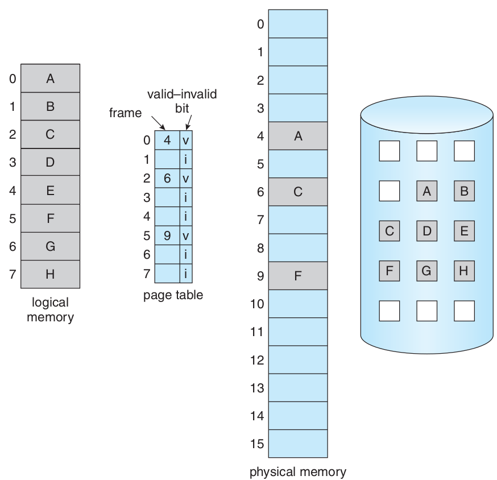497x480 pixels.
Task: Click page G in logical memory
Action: tap(50, 246)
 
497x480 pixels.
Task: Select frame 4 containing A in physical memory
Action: tap(298, 136)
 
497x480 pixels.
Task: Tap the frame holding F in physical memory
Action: tap(298, 276)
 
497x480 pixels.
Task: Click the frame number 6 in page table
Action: tap(167, 179)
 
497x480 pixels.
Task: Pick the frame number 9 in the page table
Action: tap(167, 235)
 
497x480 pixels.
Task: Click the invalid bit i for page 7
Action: tap(185, 273)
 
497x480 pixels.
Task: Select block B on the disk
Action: tap(464, 192)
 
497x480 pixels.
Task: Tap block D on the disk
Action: tap(426, 231)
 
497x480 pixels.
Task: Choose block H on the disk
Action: tap(464, 271)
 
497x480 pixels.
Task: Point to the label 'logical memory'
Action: tap(50, 310)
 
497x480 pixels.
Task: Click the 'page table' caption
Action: tap(173, 295)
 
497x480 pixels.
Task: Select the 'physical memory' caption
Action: tap(297, 471)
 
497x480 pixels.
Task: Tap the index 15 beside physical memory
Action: tap(257, 444)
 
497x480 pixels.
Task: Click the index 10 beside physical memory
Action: tap(257, 304)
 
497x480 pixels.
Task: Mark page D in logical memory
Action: tap(50, 162)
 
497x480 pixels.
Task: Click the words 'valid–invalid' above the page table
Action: tap(182, 94)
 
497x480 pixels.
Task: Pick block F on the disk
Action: tap(389, 271)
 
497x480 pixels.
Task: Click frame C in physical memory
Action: tap(298, 192)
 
